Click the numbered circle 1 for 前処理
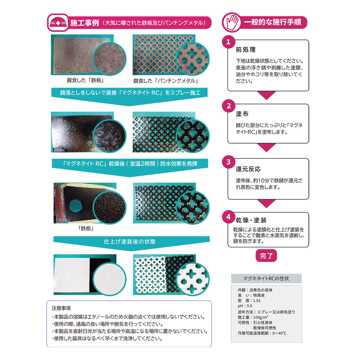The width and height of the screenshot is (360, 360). (x=228, y=42)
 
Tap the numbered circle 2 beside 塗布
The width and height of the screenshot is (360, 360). (x=228, y=106)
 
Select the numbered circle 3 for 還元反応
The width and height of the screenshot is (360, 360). (x=228, y=162)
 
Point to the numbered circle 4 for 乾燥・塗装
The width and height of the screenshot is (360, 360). (x=228, y=217)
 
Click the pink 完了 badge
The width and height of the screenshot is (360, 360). (x=266, y=255)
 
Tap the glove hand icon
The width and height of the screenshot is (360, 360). (x=232, y=22)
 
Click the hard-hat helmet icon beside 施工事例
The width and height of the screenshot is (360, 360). (x=58, y=23)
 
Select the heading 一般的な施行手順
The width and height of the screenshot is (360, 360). (x=272, y=22)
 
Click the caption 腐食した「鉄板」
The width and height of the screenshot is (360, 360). (x=85, y=80)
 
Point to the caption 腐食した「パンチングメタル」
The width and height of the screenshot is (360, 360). (x=166, y=81)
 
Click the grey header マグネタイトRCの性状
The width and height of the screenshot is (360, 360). (x=266, y=278)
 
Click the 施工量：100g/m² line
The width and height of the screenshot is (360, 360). (x=253, y=317)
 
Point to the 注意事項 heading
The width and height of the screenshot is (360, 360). (x=61, y=308)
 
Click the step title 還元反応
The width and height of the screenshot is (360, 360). (x=248, y=169)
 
